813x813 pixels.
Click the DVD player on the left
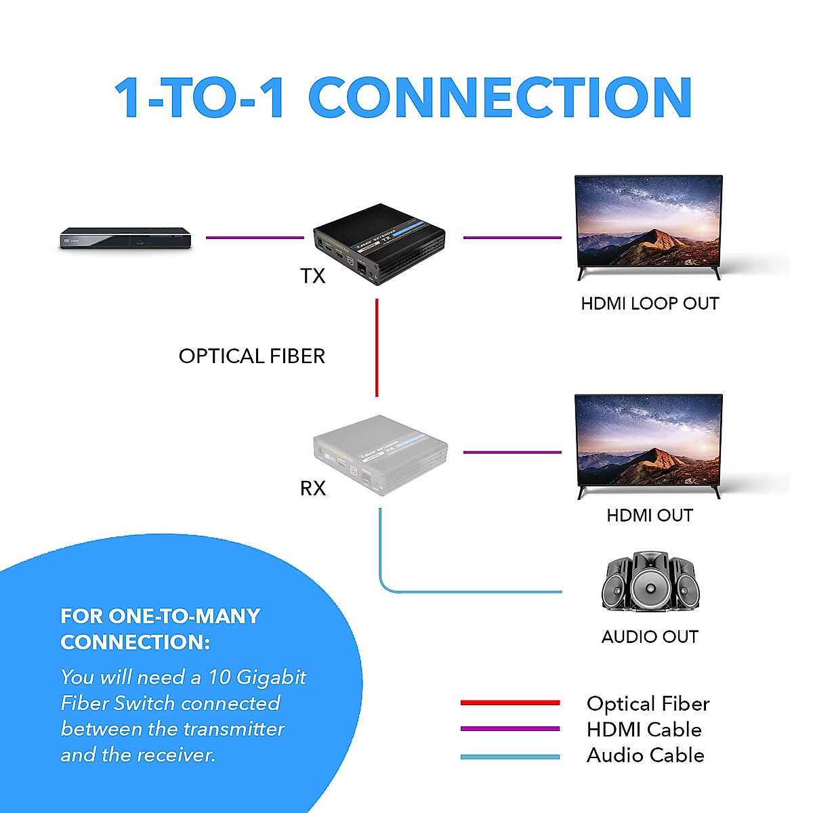pos(125,239)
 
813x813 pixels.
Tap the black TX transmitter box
pos(379,245)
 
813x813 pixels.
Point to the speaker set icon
pos(649,583)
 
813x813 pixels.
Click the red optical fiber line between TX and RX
pos(377,348)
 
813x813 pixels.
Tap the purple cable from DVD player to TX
pos(255,238)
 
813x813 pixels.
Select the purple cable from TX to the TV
pos(512,238)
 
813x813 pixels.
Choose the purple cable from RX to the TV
pos(512,452)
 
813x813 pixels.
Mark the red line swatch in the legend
pos(510,703)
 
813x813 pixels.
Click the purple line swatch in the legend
pos(510,729)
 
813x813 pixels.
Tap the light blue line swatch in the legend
pos(510,756)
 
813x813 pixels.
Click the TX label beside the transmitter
pos(313,276)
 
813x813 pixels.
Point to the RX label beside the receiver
pos(313,488)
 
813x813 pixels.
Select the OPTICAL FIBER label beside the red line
pos(252,356)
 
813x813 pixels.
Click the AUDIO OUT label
pos(650,637)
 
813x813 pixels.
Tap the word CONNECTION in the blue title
pos(500,98)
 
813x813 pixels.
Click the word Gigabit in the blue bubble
pos(271,677)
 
